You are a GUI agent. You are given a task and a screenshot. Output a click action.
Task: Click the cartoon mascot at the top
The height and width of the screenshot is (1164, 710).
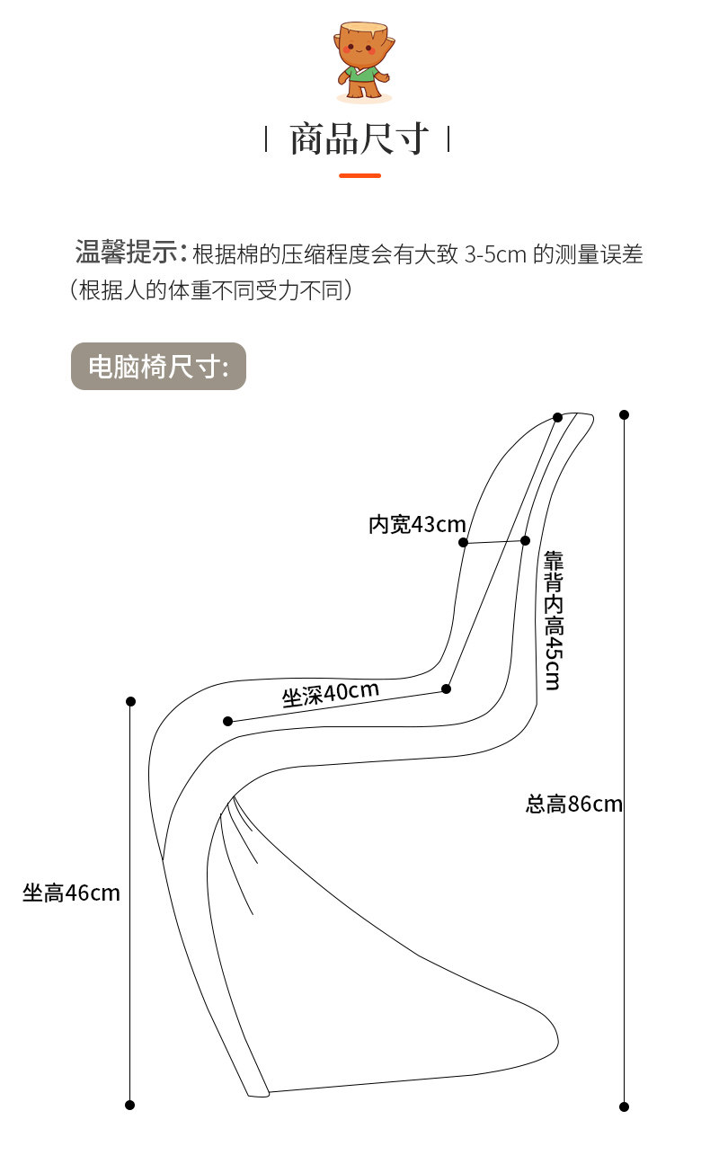[361, 61]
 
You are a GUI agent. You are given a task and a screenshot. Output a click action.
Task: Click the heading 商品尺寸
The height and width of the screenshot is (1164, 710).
[358, 140]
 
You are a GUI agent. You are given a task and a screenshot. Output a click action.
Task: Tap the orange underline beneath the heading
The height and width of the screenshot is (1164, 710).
[359, 175]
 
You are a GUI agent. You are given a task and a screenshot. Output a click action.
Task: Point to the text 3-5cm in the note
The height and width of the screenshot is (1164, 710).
[495, 254]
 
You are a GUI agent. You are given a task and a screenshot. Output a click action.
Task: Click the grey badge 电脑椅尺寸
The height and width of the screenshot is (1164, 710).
[158, 366]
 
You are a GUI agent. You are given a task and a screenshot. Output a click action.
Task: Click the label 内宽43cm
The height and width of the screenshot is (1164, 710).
[417, 524]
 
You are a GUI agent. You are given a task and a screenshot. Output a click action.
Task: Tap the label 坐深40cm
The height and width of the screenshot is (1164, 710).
[331, 694]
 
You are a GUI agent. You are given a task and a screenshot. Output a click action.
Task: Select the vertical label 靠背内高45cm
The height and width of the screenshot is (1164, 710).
[553, 620]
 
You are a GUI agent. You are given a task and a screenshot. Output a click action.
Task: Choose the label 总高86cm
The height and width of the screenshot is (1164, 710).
[574, 804]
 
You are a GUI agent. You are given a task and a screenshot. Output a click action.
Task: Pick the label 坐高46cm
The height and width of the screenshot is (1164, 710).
[71, 893]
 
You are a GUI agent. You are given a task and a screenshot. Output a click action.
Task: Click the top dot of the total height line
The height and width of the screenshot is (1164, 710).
[624, 414]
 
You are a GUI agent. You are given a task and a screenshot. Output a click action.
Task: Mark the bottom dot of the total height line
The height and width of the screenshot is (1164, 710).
[624, 1106]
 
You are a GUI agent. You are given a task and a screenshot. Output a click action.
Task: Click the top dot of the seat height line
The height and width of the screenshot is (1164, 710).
[130, 701]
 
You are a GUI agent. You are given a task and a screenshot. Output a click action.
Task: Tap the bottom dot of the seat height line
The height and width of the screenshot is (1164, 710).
[129, 1105]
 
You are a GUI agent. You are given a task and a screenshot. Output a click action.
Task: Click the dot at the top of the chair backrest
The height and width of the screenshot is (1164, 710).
[557, 417]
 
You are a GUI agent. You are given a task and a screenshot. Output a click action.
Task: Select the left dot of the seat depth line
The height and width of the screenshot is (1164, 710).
[227, 721]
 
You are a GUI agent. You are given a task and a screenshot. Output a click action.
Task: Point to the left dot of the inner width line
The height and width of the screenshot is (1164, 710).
[463, 542]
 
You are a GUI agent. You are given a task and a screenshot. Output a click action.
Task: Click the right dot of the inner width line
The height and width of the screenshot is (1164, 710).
[525, 540]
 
